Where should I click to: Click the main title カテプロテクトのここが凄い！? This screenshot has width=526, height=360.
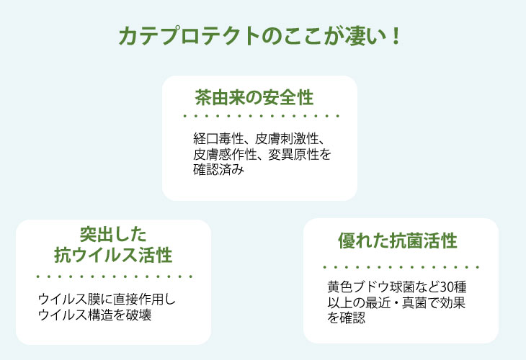coord(259,36)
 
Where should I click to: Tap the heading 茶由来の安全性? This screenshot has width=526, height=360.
coord(254,97)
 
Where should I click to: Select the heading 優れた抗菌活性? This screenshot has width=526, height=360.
coord(398,240)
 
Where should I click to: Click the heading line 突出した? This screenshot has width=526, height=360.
coord(113,234)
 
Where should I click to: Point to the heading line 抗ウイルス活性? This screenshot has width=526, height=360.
coord(113,255)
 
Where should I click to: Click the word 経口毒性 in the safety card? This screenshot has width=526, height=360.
coord(218,138)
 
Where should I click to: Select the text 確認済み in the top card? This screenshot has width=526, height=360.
coord(218,170)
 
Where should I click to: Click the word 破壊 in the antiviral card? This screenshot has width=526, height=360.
coord(138,315)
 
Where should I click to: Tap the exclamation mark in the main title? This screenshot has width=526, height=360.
coord(396,36)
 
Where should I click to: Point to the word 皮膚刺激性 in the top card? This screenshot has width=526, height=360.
coord(287,138)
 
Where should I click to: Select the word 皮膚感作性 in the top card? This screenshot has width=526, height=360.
coord(224,154)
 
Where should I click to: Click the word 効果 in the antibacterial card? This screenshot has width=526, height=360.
coord(453,302)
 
